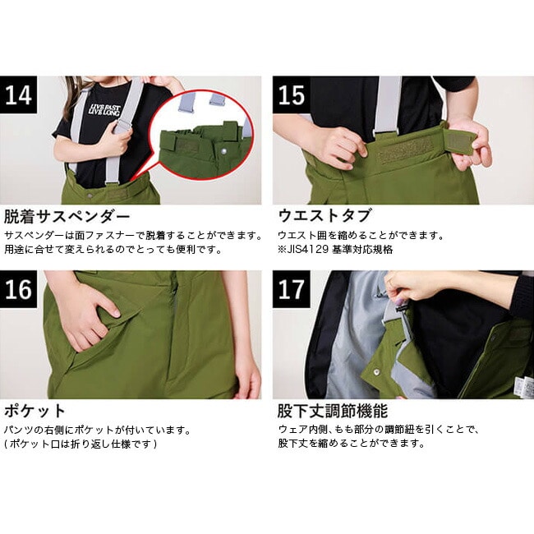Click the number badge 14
(x=18, y=94)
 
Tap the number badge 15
(x=292, y=94)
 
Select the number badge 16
(x=18, y=289)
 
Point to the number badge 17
(x=292, y=289)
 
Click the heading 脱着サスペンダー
(x=67, y=216)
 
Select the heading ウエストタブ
(x=325, y=216)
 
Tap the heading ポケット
(x=35, y=411)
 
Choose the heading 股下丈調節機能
(x=333, y=411)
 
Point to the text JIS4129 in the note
(x=307, y=249)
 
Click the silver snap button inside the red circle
(x=224, y=151)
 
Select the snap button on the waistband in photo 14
(x=90, y=196)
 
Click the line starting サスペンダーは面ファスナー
(x=133, y=235)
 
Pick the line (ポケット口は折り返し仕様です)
(x=81, y=444)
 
